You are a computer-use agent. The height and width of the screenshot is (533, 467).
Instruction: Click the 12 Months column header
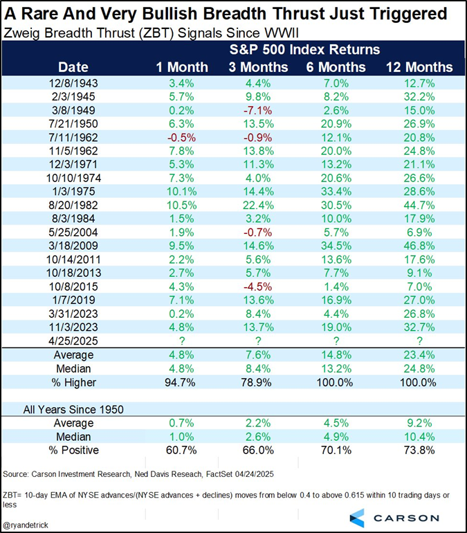(414, 67)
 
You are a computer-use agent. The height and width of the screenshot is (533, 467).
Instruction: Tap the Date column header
(73, 67)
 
